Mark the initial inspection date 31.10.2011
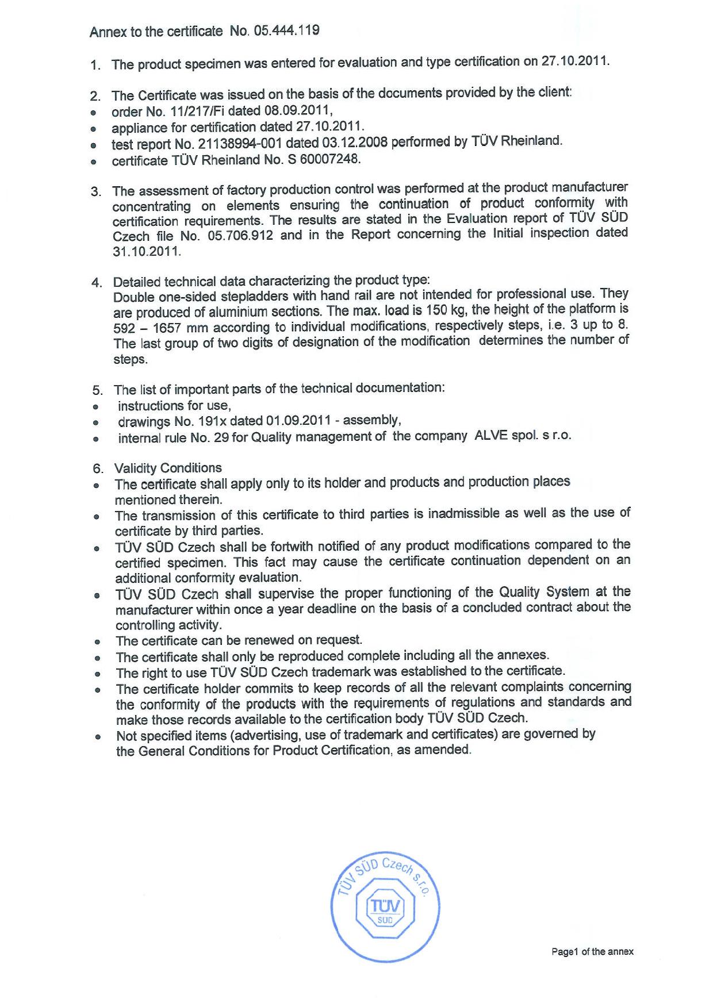pyautogui.click(x=147, y=252)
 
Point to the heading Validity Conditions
pyautogui.click(x=168, y=468)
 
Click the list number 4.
pyautogui.click(x=97, y=283)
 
